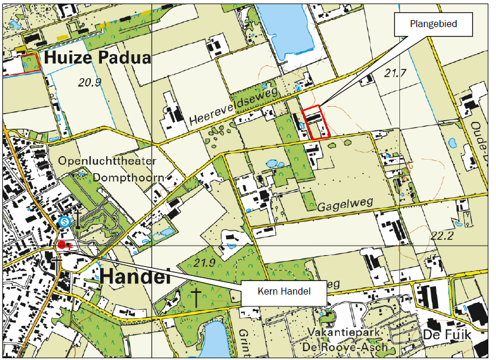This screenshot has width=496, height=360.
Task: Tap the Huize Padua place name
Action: pyautogui.click(x=97, y=58)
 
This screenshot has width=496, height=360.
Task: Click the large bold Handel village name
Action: pyautogui.click(x=135, y=276)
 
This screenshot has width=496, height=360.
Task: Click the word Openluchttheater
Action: pyautogui.click(x=107, y=161)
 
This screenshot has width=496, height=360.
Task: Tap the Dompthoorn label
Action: pyautogui.click(x=127, y=176)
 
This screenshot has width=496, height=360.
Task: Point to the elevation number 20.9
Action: pyautogui.click(x=90, y=82)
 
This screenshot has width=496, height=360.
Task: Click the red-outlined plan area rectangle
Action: pyautogui.click(x=313, y=123)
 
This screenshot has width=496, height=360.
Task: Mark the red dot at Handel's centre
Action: pyautogui.click(x=62, y=245)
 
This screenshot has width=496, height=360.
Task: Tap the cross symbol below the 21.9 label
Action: pyautogui.click(x=196, y=298)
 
